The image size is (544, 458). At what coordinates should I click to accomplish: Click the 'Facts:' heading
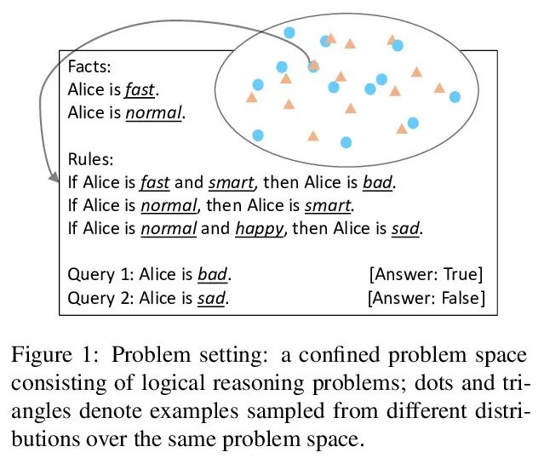click(88, 66)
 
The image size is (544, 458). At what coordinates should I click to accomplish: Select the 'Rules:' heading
click(89, 158)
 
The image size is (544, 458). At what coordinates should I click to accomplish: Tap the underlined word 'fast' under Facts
click(141, 89)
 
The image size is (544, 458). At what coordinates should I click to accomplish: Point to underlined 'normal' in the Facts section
click(154, 112)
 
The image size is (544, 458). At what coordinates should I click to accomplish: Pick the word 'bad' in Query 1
click(213, 275)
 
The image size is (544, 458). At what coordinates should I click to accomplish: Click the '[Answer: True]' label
click(426, 274)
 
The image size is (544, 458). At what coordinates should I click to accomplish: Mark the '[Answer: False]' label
click(426, 298)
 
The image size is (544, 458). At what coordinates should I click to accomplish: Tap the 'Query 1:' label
click(97, 275)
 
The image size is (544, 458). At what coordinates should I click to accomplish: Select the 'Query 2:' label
click(97, 298)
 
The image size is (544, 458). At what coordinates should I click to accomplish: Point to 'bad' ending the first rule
click(380, 181)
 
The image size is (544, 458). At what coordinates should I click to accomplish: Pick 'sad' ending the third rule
click(406, 228)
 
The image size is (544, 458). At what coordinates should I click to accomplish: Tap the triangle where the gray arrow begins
click(313, 64)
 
